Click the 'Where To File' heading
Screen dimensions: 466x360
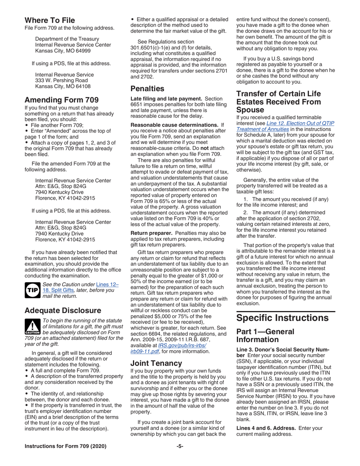tap(49, 20)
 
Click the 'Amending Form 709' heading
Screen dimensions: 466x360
tap(61, 100)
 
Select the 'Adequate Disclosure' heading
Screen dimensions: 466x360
tap(63, 310)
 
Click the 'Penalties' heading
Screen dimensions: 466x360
tap(147, 89)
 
